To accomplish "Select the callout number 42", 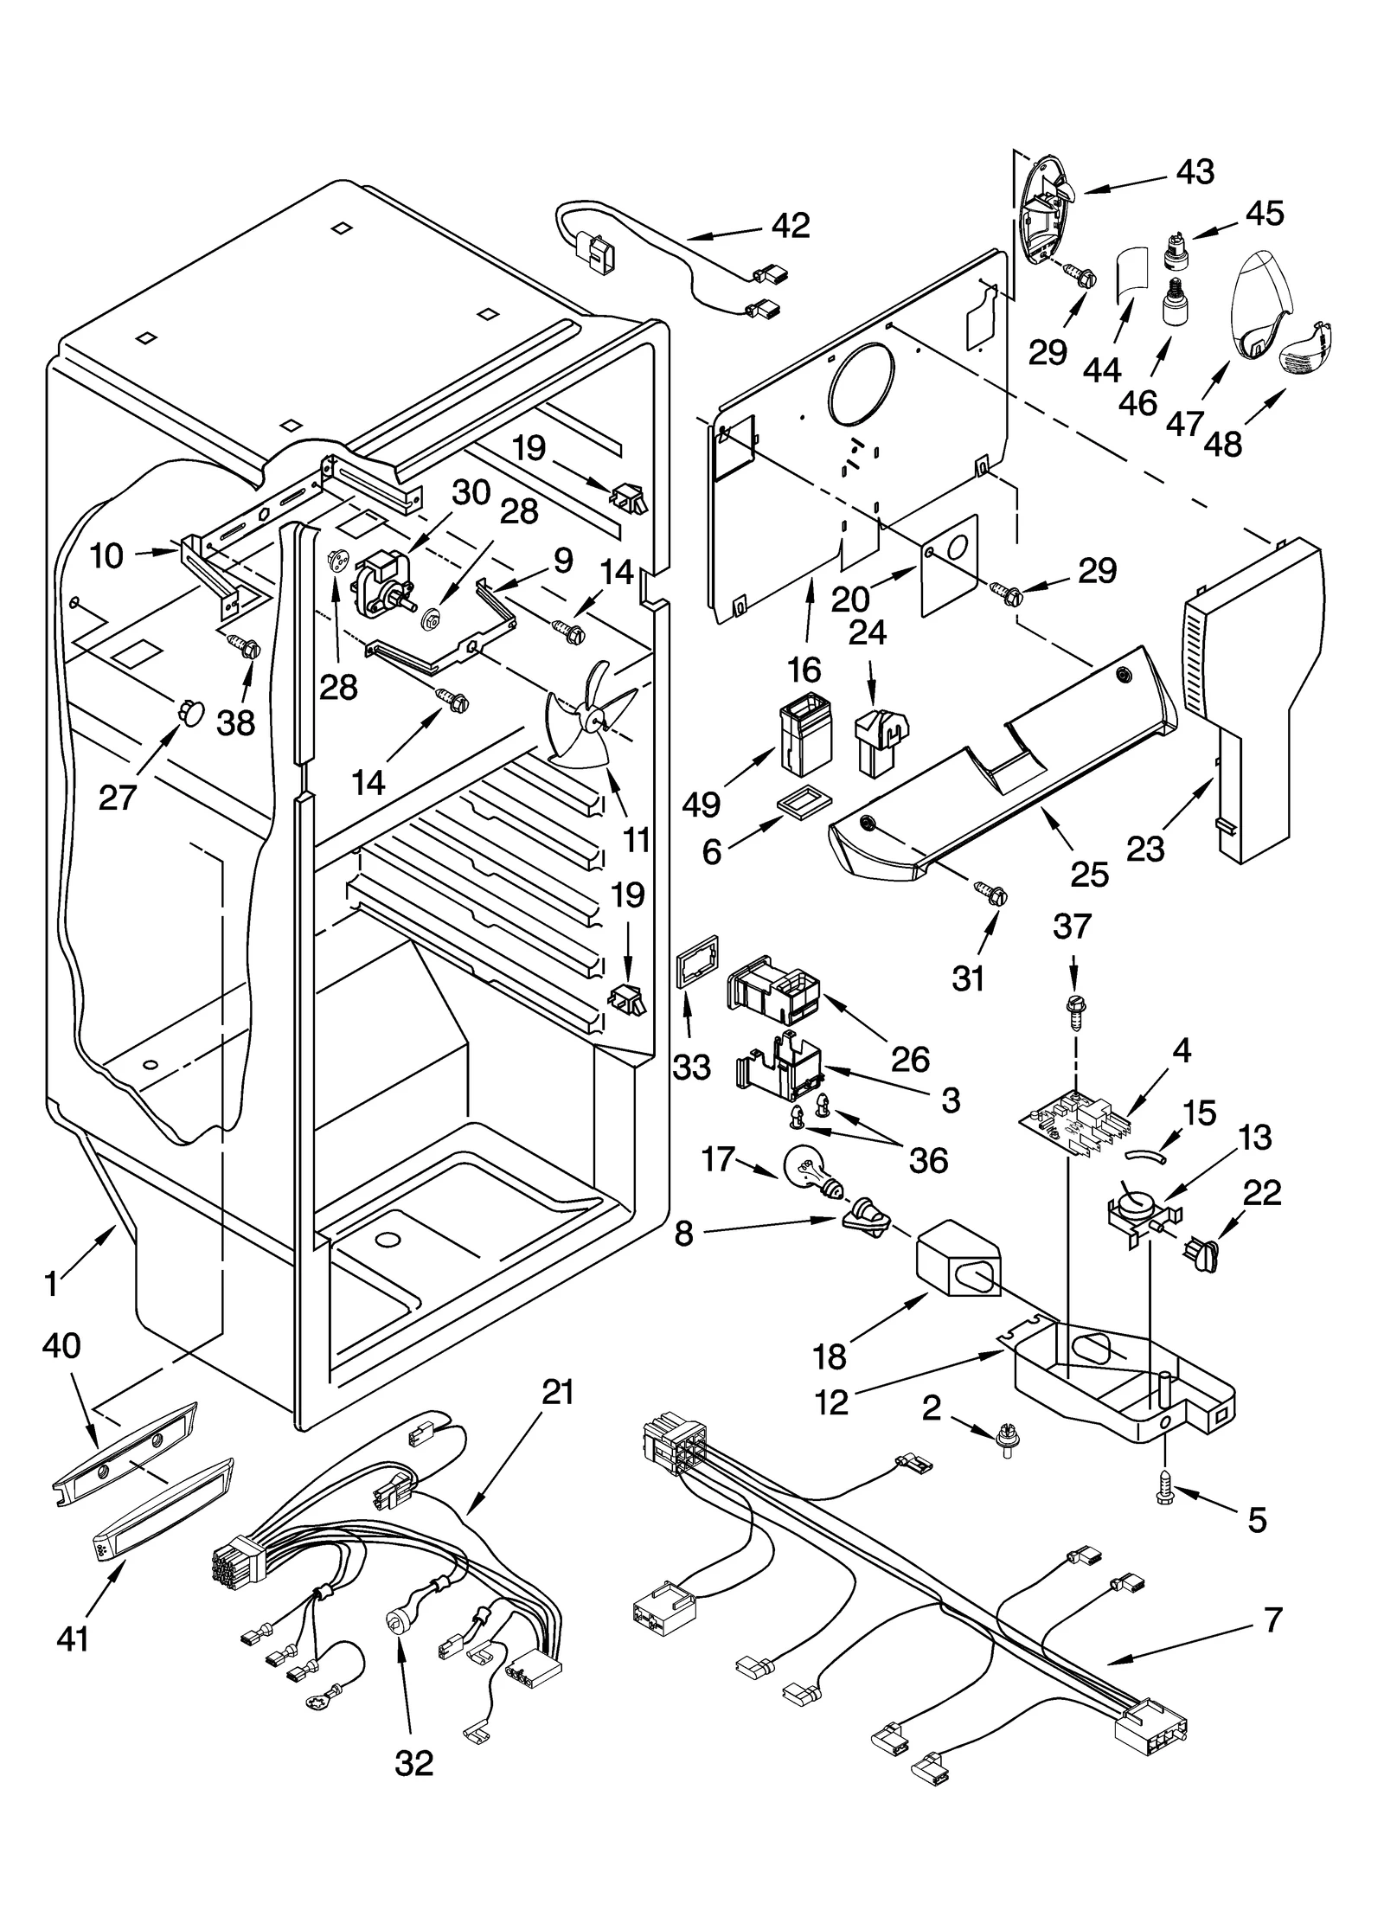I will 790,225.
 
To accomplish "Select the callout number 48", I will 1222,443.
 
